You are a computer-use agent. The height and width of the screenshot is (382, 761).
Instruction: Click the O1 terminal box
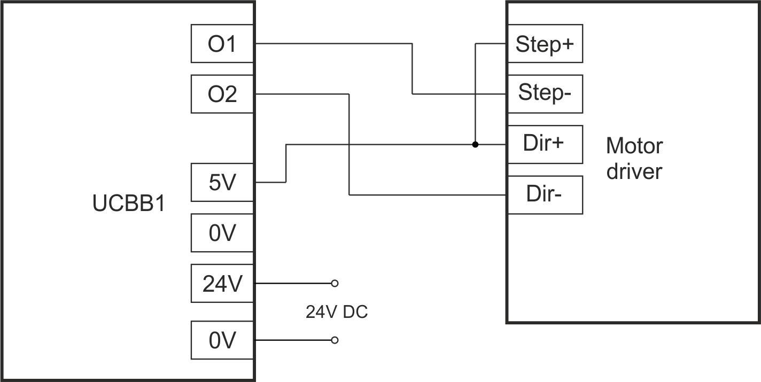coord(222,44)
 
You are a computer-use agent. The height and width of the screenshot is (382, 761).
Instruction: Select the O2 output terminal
coord(222,94)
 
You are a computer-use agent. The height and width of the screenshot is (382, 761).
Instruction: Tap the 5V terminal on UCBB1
coord(222,183)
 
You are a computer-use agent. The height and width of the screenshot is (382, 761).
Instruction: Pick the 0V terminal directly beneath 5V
coord(222,233)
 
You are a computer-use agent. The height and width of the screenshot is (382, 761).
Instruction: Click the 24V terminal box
coord(222,283)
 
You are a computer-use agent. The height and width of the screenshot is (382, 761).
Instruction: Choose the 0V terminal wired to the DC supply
coord(222,340)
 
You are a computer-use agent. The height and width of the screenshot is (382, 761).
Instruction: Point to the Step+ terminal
coord(545,44)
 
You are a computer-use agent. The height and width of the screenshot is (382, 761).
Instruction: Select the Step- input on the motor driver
coord(545,94)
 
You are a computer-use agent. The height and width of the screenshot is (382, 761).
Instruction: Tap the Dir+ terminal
coord(545,144)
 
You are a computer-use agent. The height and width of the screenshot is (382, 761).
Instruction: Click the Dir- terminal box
coord(545,194)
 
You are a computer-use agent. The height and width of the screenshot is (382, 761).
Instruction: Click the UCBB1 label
coord(128,205)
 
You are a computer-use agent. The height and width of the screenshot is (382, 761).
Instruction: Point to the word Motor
coord(634,145)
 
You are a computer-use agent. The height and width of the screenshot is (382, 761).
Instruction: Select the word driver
coord(634,171)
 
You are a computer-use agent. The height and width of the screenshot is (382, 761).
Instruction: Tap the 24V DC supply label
coord(337,312)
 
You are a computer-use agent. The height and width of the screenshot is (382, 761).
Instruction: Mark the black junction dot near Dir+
coord(475,144)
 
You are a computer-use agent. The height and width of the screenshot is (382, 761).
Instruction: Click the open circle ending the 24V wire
coord(335,283)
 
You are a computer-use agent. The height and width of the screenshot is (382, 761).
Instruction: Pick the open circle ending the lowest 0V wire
coord(335,340)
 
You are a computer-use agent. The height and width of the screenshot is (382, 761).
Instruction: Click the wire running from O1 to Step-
coord(413,69)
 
